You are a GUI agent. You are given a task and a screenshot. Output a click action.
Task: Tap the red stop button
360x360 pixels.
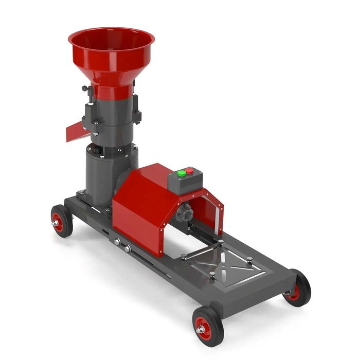coord(189,171)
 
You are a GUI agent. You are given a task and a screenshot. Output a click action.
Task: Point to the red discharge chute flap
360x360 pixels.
coord(77,131)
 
